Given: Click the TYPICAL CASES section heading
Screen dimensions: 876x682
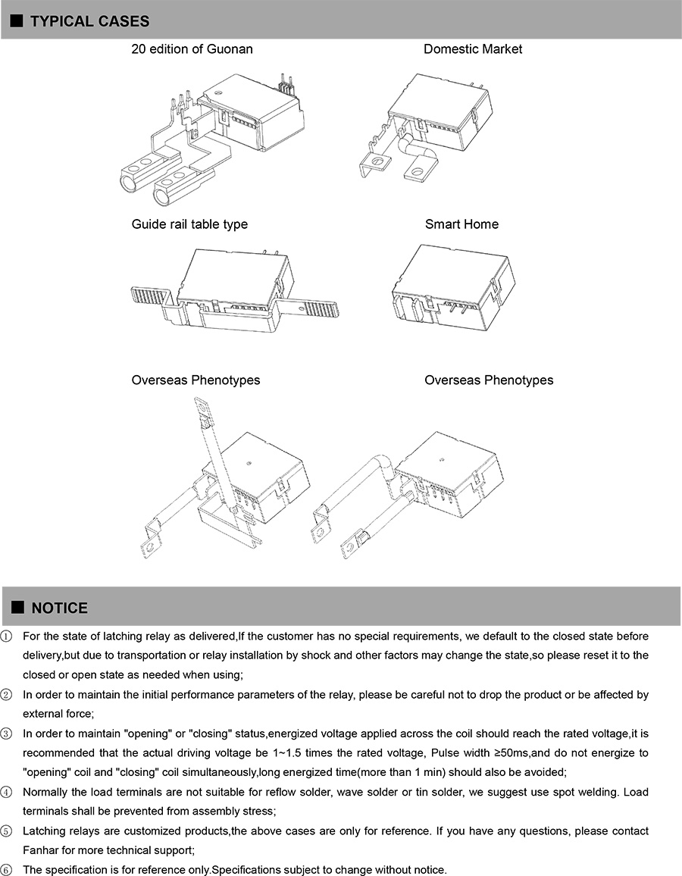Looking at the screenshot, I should click(89, 21).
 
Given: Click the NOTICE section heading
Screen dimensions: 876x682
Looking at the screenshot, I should click(59, 608).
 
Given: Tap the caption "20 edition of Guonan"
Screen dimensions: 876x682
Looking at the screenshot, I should click(192, 49).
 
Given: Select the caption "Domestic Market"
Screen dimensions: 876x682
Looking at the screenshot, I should click(472, 49).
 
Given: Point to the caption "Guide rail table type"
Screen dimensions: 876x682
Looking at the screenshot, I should click(189, 224).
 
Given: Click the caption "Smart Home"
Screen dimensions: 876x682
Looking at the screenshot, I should click(461, 224).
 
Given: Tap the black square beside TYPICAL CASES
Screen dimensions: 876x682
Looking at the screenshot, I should click(17, 21).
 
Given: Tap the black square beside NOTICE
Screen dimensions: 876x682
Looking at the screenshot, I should click(17, 608).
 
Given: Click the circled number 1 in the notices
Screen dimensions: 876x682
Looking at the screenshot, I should click(7, 636).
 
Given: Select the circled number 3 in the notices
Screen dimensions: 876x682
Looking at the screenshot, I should click(7, 734).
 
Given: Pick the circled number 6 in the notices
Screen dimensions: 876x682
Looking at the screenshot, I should click(7, 870).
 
